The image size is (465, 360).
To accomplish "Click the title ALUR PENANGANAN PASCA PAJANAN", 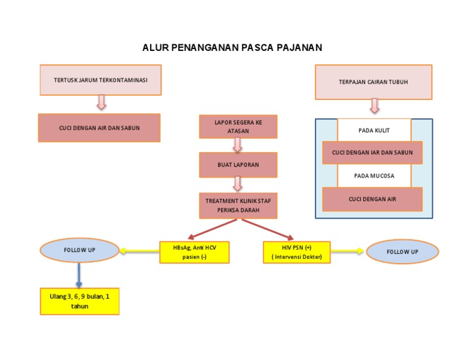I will [232, 47].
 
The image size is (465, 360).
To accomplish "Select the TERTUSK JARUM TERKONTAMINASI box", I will [101, 80].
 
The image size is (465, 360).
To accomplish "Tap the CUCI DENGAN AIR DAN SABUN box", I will [99, 128].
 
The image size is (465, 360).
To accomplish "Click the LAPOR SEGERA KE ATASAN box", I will [238, 126].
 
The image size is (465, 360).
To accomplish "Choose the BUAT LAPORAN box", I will [238, 164].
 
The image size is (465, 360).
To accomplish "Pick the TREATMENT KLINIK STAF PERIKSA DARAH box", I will [238, 205].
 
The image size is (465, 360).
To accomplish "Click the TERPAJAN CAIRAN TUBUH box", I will [374, 82].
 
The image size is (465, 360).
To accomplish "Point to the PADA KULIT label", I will [374, 130].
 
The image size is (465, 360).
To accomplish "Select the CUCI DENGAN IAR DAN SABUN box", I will [372, 153].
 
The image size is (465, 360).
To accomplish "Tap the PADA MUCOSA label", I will [374, 176].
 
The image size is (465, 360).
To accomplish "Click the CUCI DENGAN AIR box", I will [372, 199].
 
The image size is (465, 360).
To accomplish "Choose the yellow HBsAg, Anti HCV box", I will [194, 252].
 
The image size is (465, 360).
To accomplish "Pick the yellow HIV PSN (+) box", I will [297, 252].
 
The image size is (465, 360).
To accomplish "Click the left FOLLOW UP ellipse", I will [79, 250].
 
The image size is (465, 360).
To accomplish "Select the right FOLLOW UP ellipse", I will [402, 252].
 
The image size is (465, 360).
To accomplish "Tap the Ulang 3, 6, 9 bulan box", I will [79, 301].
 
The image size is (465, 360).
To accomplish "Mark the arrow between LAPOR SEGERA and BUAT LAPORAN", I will [237, 145].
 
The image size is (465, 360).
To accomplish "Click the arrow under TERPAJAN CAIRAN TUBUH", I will [374, 107].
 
